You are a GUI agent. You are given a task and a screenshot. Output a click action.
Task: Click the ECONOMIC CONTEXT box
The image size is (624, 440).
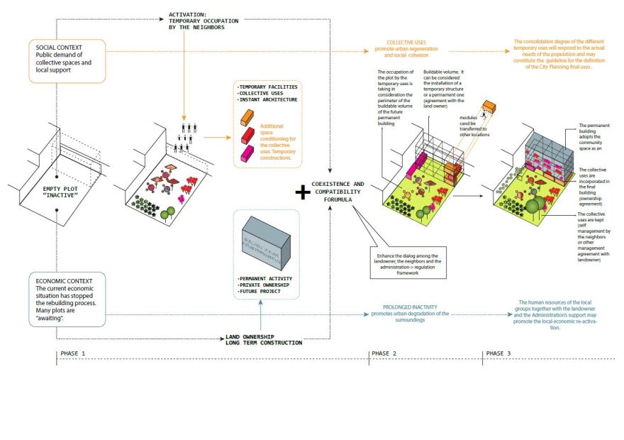(x=68, y=299)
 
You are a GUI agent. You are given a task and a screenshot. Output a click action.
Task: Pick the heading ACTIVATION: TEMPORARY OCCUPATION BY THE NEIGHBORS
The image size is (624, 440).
(x=203, y=20)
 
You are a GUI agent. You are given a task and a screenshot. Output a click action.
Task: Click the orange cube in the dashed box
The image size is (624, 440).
(x=247, y=116)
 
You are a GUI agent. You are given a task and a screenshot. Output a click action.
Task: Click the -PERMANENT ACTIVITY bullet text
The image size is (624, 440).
(x=265, y=278)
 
